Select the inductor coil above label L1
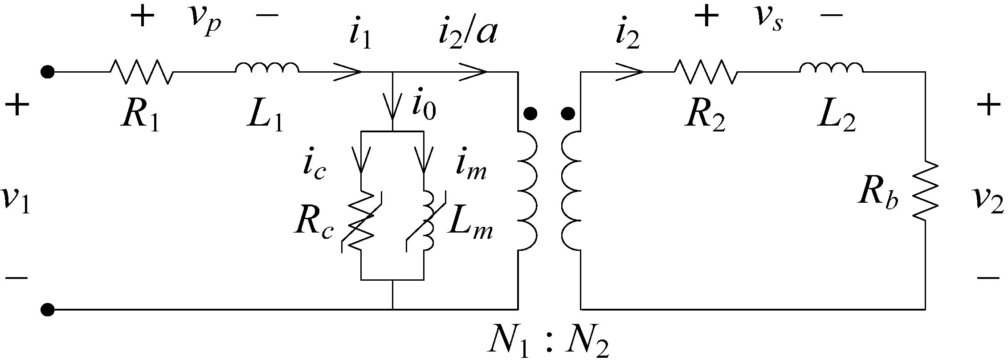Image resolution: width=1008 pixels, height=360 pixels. (267, 68)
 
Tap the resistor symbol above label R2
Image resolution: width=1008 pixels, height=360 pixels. (706, 71)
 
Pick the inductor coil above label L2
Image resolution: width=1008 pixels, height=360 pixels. (831, 68)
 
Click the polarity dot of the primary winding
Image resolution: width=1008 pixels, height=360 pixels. (530, 115)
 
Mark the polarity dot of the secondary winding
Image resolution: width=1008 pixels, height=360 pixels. (567, 115)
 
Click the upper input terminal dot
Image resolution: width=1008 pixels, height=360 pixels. (47, 71)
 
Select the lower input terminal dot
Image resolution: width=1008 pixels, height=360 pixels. (47, 309)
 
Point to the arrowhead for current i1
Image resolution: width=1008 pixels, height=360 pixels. (350, 71)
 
